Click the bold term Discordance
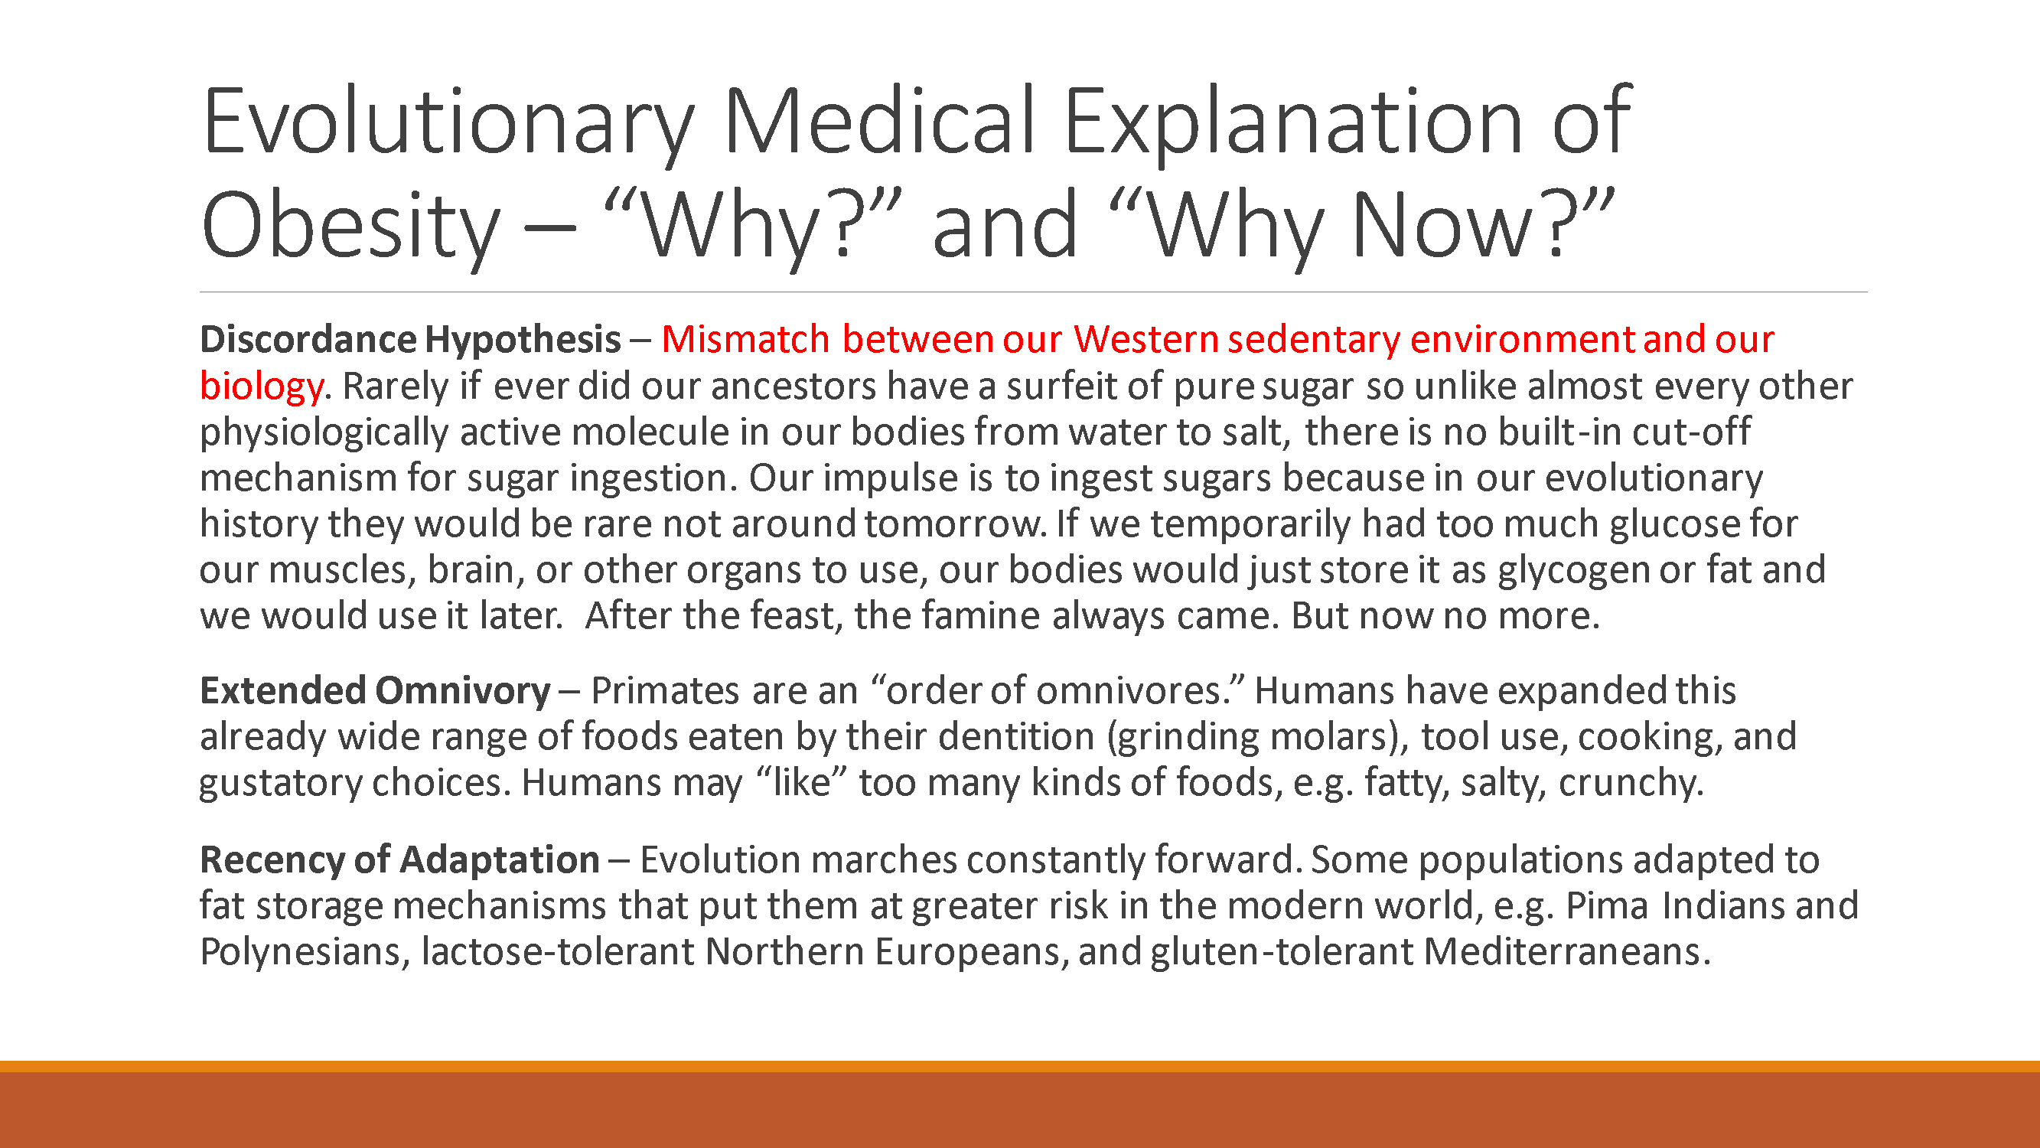pyautogui.click(x=308, y=340)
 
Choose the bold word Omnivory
pyautogui.click(x=462, y=691)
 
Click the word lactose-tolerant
pyautogui.click(x=558, y=951)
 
